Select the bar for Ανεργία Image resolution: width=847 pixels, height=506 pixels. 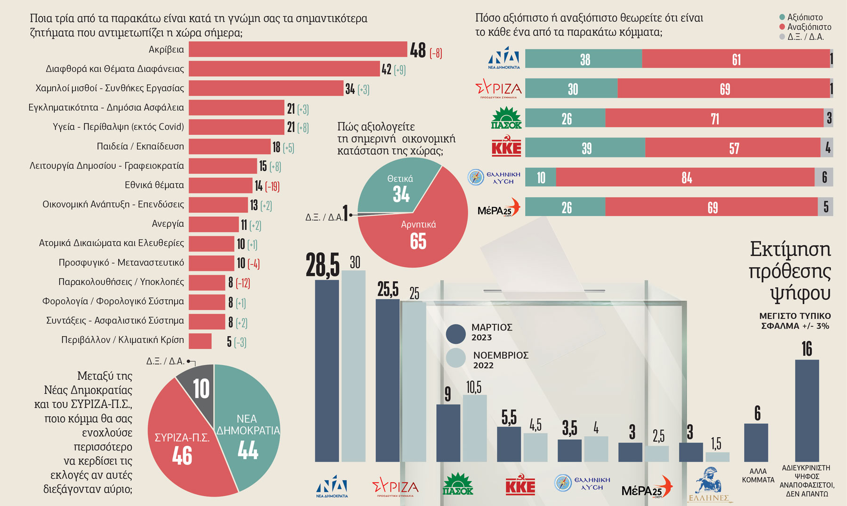214,224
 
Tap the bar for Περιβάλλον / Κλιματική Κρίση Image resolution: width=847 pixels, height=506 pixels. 200,341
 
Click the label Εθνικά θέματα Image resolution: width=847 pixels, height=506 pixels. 154,185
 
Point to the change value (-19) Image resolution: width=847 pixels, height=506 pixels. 272,187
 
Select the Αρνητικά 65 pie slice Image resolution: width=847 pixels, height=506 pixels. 419,235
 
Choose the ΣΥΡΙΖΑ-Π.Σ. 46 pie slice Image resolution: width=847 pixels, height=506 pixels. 181,447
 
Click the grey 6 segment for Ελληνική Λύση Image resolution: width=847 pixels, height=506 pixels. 824,177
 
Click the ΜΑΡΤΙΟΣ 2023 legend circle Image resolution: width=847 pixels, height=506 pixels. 455,334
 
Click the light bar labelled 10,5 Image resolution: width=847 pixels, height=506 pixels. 474,428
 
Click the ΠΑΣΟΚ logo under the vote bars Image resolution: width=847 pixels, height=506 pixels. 458,484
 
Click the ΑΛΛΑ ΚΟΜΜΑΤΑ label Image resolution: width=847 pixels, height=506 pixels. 758,475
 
